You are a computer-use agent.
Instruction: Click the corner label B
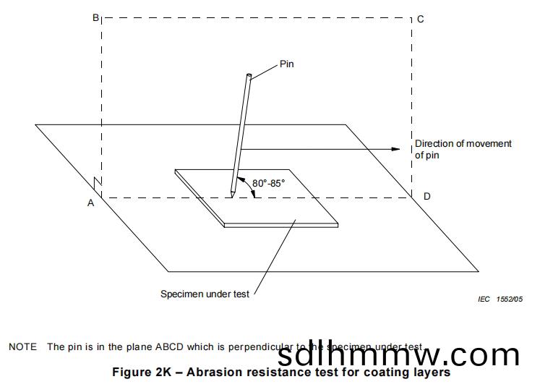tap(95, 18)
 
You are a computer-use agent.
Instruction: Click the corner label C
tap(421, 19)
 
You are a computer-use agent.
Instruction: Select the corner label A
tap(91, 203)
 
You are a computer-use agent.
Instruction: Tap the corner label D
tap(427, 196)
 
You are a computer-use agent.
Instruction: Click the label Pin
tap(287, 64)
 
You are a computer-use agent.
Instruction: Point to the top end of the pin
tap(249, 75)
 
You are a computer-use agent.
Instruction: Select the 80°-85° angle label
tap(269, 183)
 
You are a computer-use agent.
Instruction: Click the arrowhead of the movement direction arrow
tap(395, 149)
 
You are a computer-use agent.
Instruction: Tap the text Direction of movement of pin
tap(463, 149)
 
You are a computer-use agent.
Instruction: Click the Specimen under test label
tap(205, 294)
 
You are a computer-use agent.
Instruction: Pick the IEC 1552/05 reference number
tap(500, 299)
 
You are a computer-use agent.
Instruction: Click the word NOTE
tap(22, 347)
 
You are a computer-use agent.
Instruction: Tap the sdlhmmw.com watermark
tap(398, 355)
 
